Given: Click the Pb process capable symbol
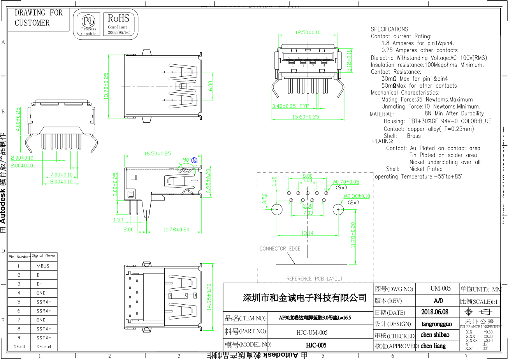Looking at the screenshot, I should pyautogui.click(x=89, y=24).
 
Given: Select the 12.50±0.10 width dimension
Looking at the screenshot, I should pyautogui.click(x=308, y=33).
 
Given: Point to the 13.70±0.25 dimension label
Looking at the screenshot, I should pyautogui.click(x=106, y=86).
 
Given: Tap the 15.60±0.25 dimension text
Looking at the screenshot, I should pyautogui.click(x=306, y=116).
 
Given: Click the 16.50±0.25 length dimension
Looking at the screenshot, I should pyautogui.click(x=158, y=154).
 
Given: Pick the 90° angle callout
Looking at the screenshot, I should pyautogui.click(x=188, y=160).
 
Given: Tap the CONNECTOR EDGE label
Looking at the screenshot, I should pyautogui.click(x=280, y=249).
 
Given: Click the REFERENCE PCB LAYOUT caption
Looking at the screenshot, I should pyautogui.click(x=315, y=279).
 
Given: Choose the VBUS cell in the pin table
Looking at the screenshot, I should pyautogui.click(x=43, y=266).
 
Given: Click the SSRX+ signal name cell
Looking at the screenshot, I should pyautogui.click(x=44, y=311).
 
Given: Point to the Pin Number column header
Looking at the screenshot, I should pyautogui.click(x=19, y=257).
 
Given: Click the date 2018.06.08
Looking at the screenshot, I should pyautogui.click(x=435, y=312).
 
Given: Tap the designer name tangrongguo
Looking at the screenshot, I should pyautogui.click(x=436, y=324).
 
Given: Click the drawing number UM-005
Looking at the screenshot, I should pyautogui.click(x=440, y=289).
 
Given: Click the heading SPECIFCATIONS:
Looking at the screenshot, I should pyautogui.click(x=390, y=29).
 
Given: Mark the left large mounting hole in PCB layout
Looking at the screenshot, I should pyautogui.click(x=277, y=210).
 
